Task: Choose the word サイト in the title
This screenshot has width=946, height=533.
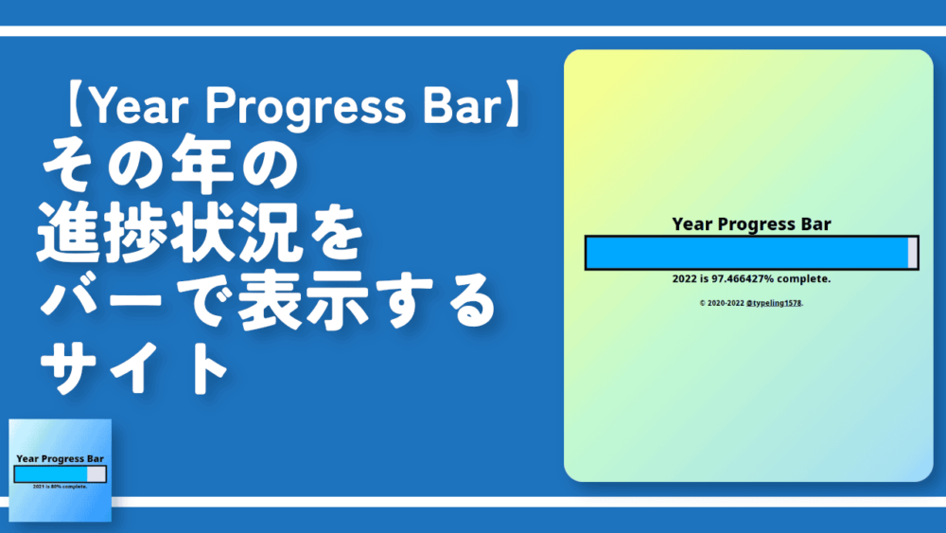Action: pos(131,369)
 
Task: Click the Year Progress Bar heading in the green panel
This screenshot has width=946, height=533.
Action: pos(751,224)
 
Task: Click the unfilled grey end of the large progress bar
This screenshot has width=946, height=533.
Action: pos(912,253)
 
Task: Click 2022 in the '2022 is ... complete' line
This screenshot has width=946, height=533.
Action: pos(684,279)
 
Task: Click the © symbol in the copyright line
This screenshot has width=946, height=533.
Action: pos(703,303)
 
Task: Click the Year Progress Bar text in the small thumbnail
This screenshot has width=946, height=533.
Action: pos(60,458)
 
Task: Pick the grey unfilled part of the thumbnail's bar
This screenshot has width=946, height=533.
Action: pos(96,474)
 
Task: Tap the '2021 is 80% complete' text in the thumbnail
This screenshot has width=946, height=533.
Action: pos(60,487)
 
